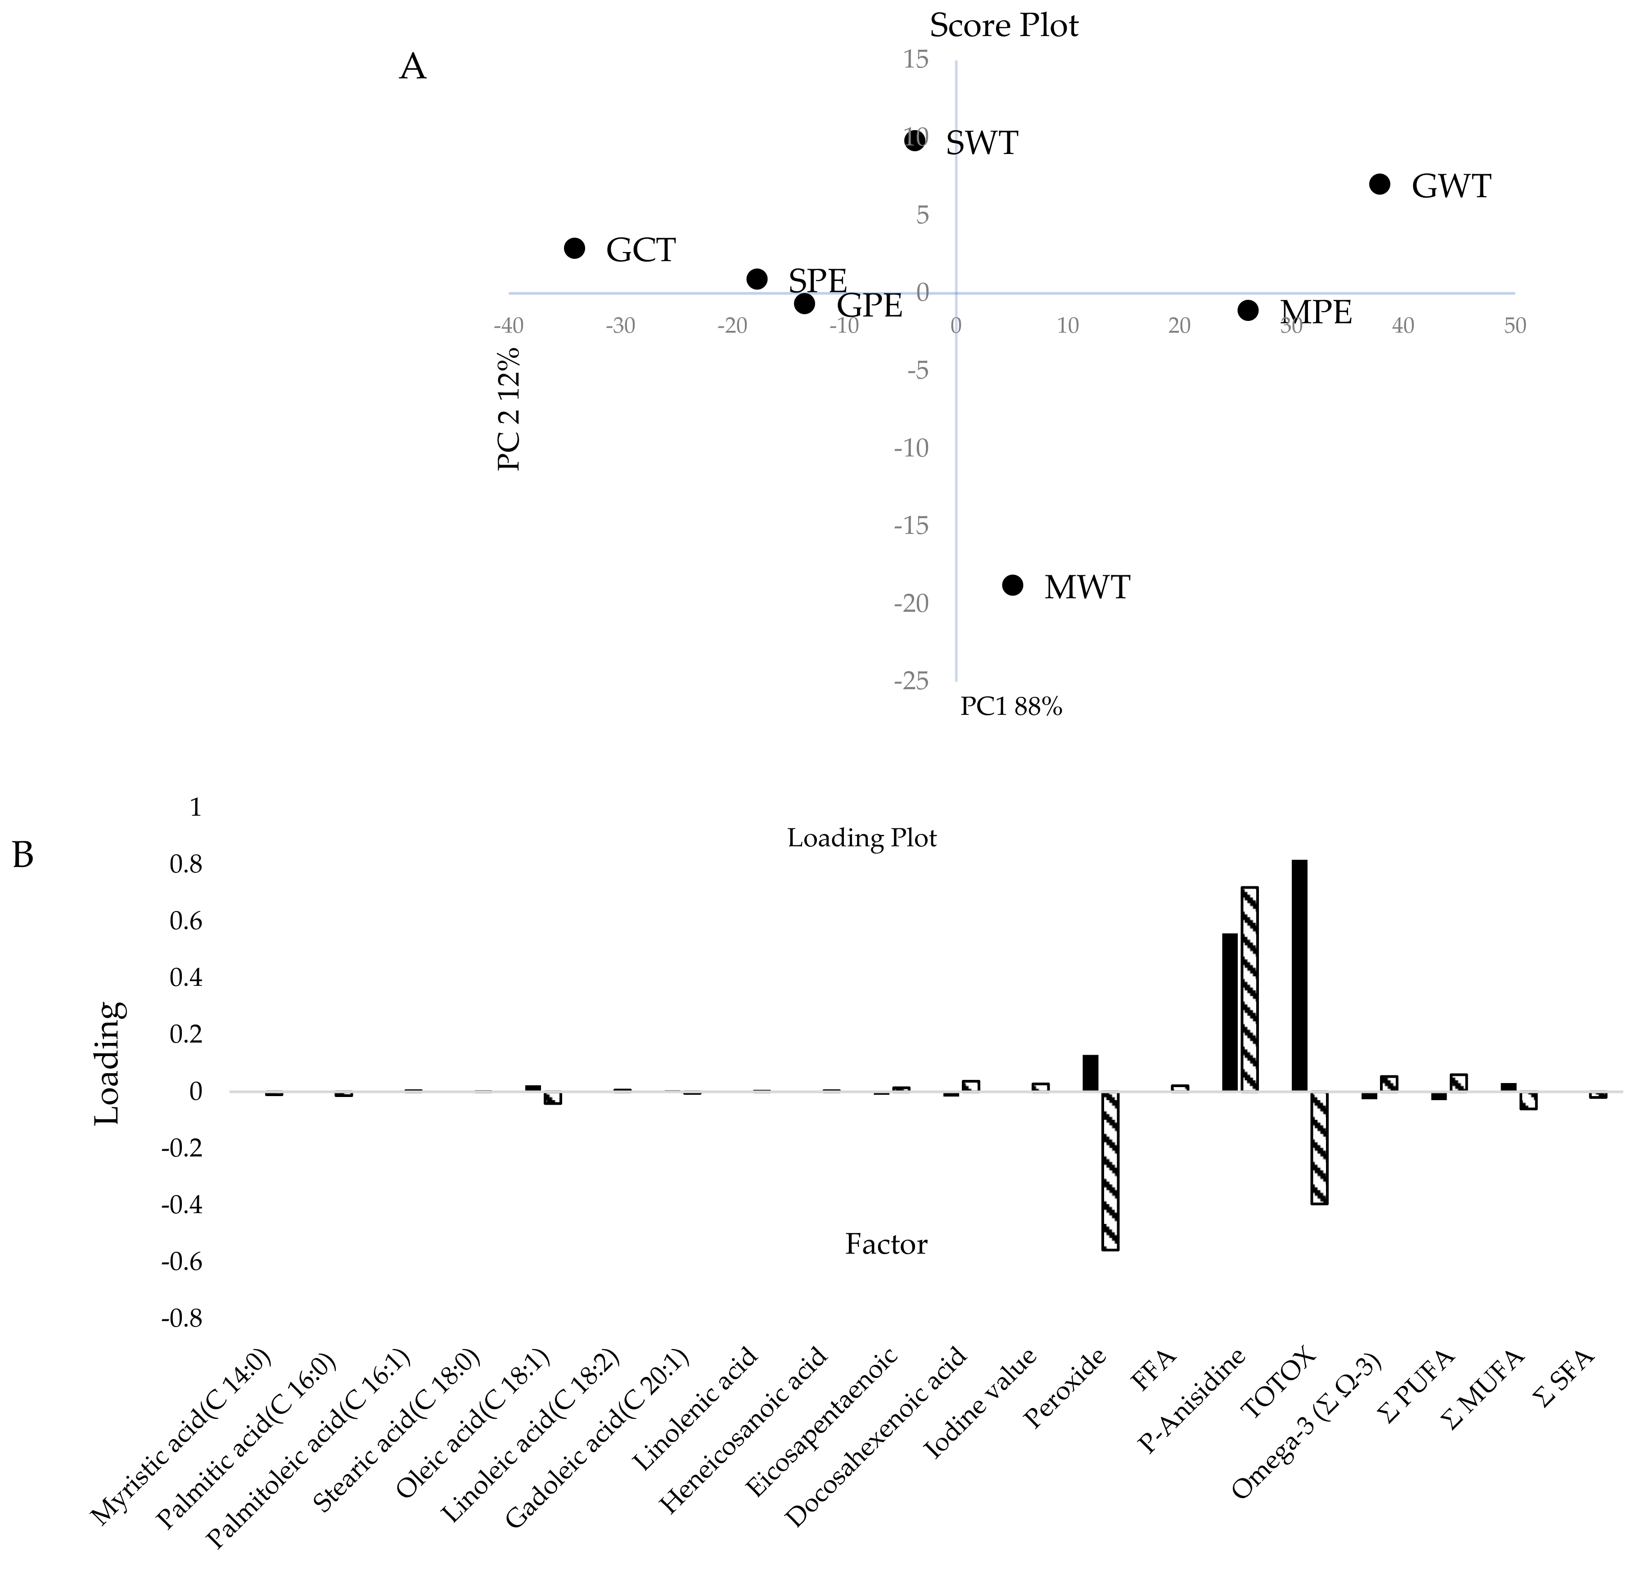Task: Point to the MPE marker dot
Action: [x=1248, y=310]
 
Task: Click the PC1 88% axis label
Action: [x=1010, y=708]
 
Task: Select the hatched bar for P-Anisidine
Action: [x=1249, y=989]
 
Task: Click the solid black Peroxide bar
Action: [x=1091, y=1073]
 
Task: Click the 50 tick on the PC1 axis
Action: [x=1514, y=326]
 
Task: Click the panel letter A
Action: [x=413, y=67]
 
